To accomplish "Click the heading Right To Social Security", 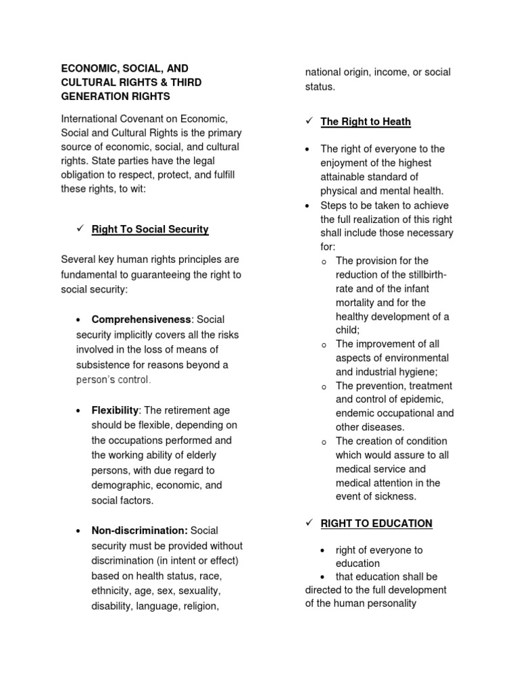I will pos(150,230).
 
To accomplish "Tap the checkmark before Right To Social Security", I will pos(79,229).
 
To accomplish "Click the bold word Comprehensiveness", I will pos(142,320).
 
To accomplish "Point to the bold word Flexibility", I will pos(115,411).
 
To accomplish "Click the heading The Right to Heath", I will pos(366,122).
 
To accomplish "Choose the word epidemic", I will pos(422,399).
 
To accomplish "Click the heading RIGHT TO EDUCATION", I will pos(376,524).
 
